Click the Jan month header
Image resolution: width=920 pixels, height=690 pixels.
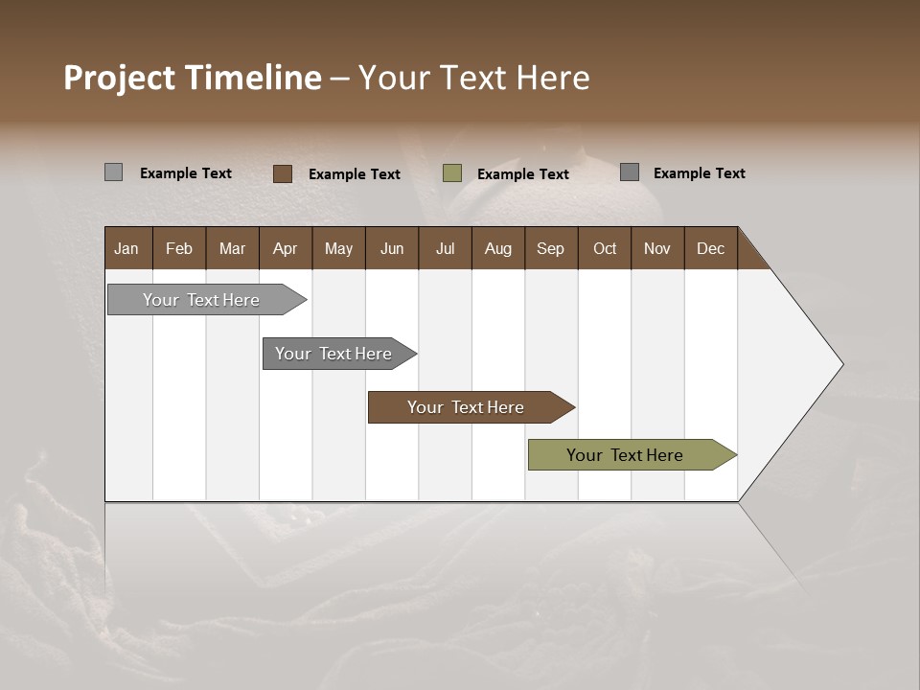[x=127, y=248]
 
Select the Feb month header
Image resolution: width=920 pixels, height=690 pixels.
[x=179, y=248]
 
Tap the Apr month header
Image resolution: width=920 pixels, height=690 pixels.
[x=286, y=248]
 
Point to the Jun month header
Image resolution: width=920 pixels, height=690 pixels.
[x=392, y=248]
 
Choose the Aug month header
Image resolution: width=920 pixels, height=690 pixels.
[x=498, y=248]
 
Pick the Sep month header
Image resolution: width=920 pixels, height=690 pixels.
[x=551, y=248]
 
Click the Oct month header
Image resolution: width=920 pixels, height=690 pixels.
[x=605, y=248]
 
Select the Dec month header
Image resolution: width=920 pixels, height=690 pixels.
[x=711, y=248]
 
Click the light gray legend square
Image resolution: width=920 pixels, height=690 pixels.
[x=113, y=172]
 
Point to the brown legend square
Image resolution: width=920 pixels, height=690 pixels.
[x=282, y=173]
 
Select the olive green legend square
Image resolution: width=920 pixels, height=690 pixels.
[x=452, y=173]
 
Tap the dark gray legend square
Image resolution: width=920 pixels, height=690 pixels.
[x=630, y=172]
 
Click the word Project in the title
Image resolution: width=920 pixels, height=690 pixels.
[x=120, y=78]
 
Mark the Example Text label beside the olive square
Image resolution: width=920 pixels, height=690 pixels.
[x=523, y=174]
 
